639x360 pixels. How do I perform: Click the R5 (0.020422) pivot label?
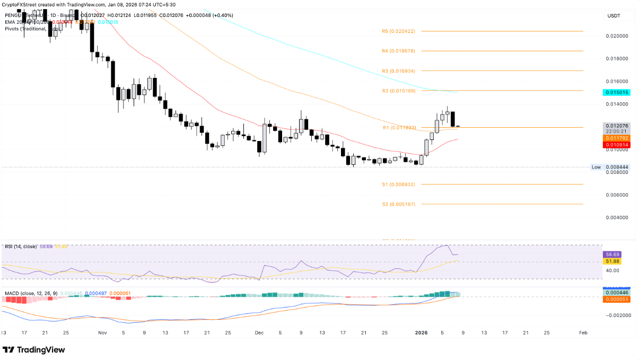click(x=398, y=31)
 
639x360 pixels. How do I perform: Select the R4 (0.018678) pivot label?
click(x=398, y=51)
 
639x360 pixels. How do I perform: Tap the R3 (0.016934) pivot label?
click(x=398, y=71)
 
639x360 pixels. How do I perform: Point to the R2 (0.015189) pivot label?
click(x=398, y=91)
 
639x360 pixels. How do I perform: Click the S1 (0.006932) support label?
click(x=398, y=185)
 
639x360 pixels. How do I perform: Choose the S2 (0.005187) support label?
click(x=398, y=204)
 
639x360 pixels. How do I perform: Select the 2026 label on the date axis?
click(x=421, y=333)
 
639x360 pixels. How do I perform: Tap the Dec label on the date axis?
click(x=259, y=333)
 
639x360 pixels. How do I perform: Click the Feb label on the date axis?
click(x=583, y=333)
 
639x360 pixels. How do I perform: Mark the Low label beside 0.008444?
click(x=596, y=167)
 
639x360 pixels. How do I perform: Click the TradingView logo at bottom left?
click(x=34, y=350)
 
